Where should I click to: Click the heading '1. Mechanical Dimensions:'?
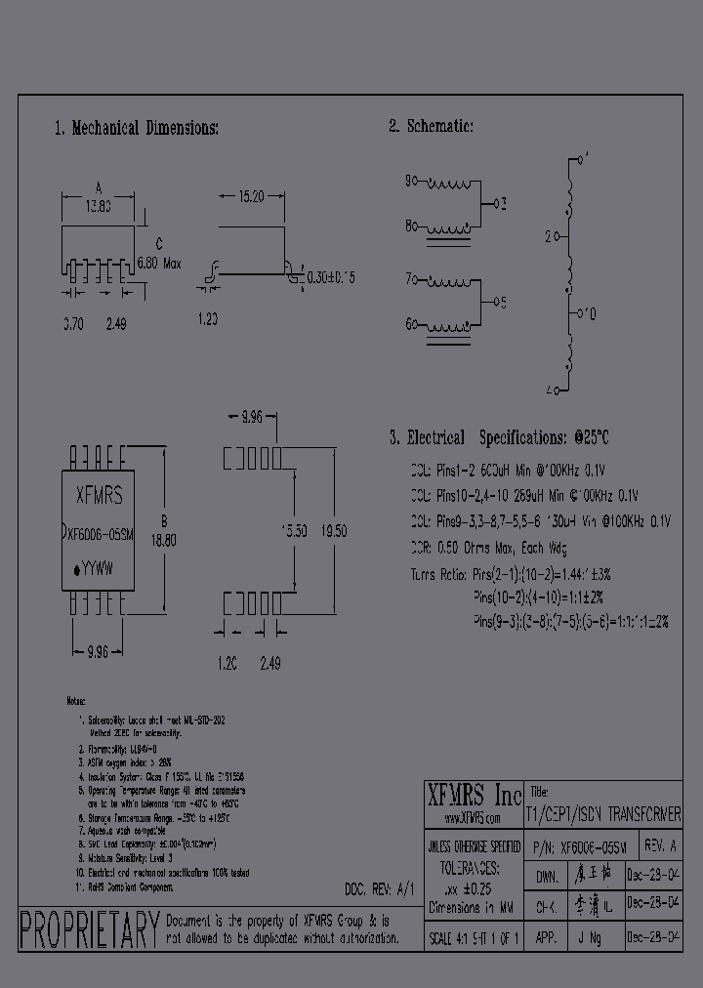pyautogui.click(x=136, y=128)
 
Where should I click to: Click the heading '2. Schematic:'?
pyautogui.click(x=431, y=126)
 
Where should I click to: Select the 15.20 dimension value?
pyautogui.click(x=250, y=196)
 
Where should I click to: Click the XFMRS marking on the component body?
pyautogui.click(x=100, y=497)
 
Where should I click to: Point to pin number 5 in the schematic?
pyautogui.click(x=501, y=301)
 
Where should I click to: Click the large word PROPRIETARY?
pyautogui.click(x=89, y=929)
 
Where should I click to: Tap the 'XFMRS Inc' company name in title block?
pyautogui.click(x=476, y=793)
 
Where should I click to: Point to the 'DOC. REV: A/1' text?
pyautogui.click(x=380, y=889)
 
